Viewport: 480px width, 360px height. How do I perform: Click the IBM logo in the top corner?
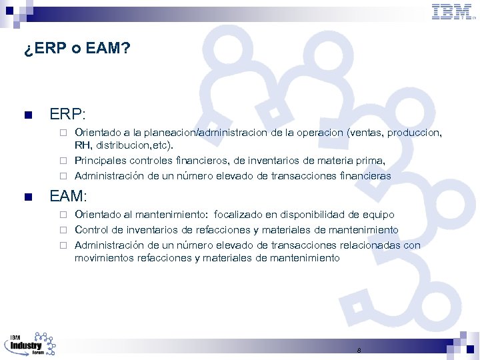point(452,11)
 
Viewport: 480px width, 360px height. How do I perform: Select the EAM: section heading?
point(69,196)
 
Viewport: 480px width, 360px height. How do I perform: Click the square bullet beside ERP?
point(27,115)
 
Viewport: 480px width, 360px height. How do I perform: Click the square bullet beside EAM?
point(27,197)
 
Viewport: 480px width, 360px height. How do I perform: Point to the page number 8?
point(359,350)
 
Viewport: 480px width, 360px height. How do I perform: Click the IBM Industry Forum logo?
point(31,345)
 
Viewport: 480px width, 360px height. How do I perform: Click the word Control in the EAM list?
point(91,230)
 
